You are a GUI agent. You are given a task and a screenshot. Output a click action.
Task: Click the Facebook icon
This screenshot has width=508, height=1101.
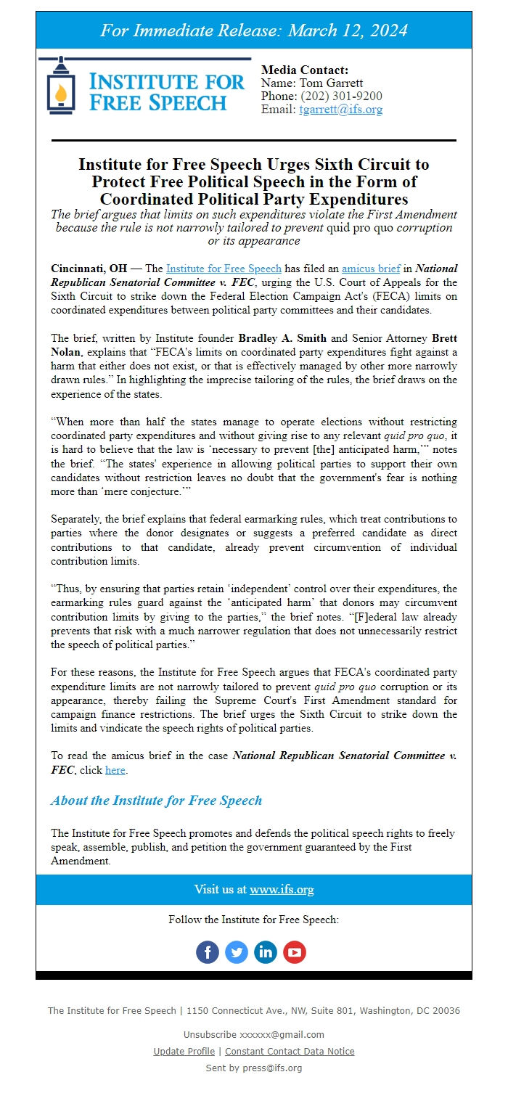208,952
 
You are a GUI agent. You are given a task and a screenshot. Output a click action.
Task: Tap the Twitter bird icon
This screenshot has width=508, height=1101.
237,952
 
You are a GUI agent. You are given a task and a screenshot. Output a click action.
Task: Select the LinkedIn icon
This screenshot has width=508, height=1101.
266,952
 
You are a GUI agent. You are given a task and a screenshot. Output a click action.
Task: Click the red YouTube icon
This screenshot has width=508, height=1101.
295,952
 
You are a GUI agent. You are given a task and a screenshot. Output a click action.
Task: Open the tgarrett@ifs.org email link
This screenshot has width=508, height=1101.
340,110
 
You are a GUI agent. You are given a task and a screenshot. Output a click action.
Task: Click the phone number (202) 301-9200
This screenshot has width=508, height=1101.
341,97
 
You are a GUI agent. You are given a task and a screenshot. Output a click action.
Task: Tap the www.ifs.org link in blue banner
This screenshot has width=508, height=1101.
282,890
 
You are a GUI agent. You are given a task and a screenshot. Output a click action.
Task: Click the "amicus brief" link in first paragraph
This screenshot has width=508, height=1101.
371,269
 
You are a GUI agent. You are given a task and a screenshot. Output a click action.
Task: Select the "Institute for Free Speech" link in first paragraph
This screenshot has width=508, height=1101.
224,269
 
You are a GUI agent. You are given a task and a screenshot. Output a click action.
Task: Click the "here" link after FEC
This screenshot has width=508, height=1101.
115,770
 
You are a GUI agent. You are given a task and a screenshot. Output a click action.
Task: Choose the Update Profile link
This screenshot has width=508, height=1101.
184,1051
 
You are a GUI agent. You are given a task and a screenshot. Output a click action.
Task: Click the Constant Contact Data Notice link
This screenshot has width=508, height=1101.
290,1051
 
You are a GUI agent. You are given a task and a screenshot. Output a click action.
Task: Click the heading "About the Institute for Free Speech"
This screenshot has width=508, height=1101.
156,801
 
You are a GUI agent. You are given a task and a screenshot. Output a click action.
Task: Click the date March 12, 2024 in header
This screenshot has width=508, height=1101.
348,30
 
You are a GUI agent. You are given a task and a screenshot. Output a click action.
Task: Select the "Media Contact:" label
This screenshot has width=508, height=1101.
305,70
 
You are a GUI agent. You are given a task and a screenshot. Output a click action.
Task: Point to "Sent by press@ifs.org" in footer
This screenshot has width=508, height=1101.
254,1068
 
